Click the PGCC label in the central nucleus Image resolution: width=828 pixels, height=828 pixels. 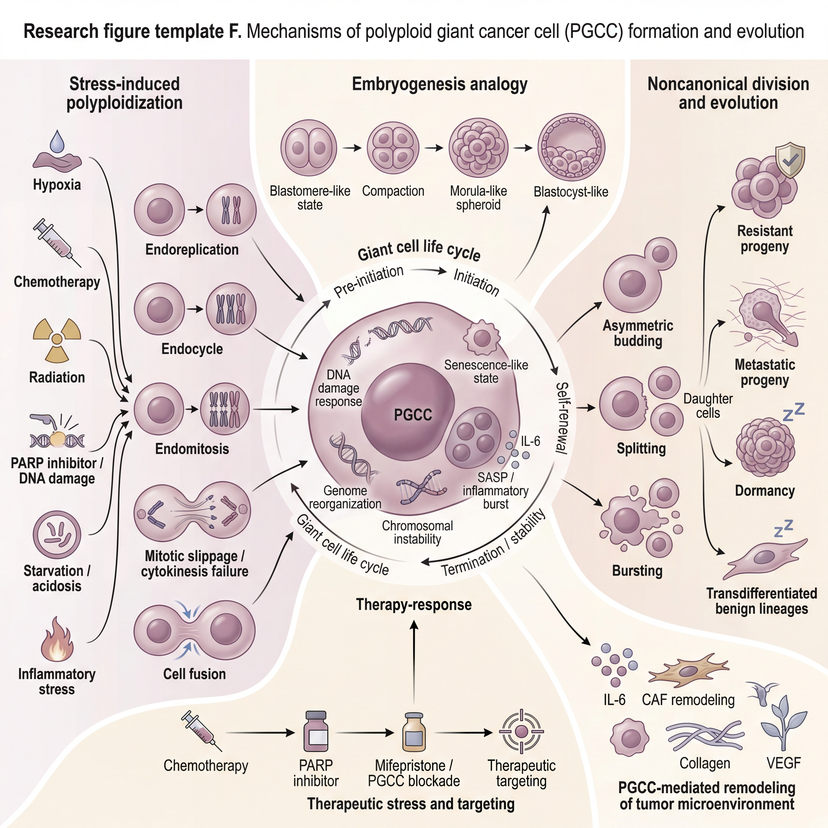413,415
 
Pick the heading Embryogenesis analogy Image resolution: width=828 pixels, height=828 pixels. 440,84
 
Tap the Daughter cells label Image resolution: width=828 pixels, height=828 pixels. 708,406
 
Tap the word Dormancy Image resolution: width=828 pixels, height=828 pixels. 765,491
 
